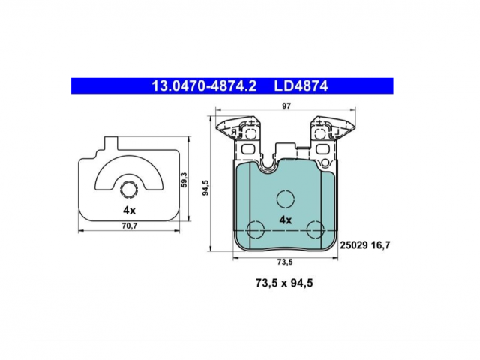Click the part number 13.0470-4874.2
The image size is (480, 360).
[204, 86]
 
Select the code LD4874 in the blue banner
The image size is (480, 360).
[301, 86]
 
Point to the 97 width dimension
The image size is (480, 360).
[286, 106]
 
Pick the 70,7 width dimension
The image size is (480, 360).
[130, 226]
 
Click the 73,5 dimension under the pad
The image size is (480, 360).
[285, 262]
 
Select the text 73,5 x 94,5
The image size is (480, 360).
[284, 283]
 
